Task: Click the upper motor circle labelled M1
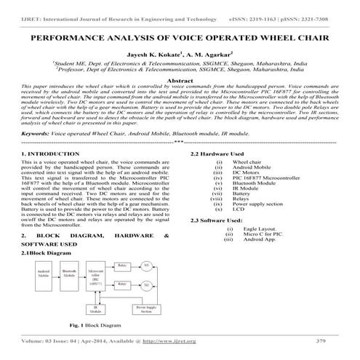(148, 265)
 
